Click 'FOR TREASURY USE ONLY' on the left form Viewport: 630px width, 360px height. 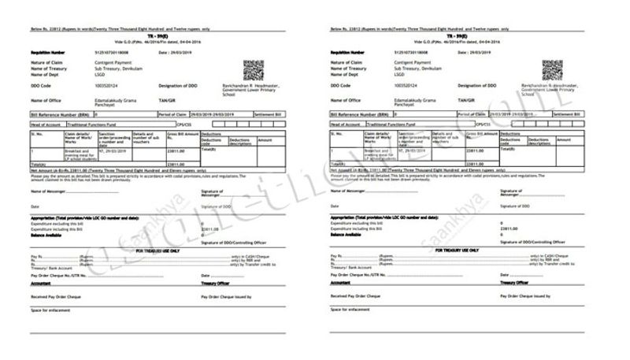[157, 251]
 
